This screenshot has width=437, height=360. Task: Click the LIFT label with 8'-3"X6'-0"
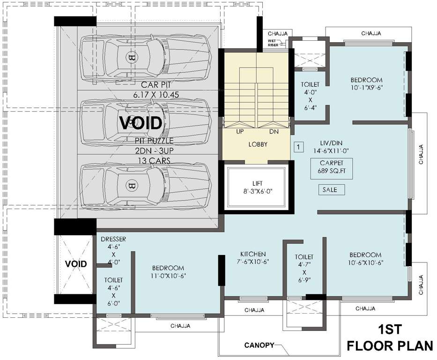[x=258, y=187]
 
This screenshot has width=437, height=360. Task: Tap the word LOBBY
[x=258, y=144]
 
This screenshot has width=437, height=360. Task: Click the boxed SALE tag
[x=332, y=190]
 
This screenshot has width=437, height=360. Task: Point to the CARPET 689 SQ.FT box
[x=332, y=168]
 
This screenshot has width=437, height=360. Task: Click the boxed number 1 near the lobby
[x=298, y=147]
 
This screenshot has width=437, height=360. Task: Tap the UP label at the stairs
[x=240, y=131]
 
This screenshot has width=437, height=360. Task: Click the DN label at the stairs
[x=274, y=131]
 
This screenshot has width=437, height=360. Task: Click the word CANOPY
[x=259, y=345]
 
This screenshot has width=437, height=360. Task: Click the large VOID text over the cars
[x=141, y=123]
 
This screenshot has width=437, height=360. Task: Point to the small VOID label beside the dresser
[x=76, y=264]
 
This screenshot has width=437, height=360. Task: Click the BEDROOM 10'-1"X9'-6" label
[x=366, y=83]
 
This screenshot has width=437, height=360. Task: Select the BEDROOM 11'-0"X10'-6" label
[x=168, y=271]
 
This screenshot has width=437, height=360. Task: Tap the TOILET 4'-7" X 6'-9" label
[x=304, y=268]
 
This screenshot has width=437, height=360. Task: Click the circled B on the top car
[x=130, y=58]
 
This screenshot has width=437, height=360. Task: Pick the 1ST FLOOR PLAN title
[x=390, y=337]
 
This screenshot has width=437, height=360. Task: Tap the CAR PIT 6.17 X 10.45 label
[x=156, y=89]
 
